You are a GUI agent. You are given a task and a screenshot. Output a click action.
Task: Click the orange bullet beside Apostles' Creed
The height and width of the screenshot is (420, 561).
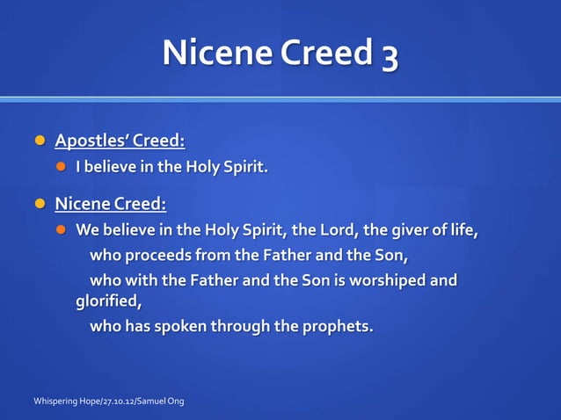pos(39,141)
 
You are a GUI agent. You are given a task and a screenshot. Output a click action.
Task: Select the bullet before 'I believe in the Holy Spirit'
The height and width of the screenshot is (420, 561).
pos(62,167)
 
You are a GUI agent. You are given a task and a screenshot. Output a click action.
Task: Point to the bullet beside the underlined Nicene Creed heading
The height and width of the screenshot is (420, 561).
pos(39,204)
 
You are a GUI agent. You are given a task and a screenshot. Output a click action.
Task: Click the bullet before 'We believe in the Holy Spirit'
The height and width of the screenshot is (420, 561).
pos(62,231)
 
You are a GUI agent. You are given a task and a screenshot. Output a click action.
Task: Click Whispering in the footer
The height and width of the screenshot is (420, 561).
pos(57,402)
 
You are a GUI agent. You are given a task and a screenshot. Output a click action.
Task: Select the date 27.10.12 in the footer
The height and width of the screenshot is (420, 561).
pos(116,402)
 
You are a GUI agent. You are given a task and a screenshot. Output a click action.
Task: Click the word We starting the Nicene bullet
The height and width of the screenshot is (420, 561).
pos(86,231)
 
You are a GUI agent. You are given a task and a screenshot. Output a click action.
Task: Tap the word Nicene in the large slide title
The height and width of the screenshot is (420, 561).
pos(217,54)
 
